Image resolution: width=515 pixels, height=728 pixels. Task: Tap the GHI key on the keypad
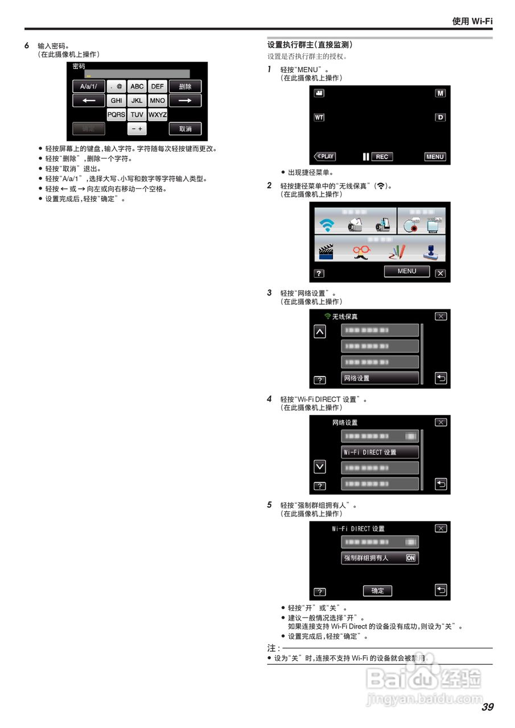[x=117, y=101]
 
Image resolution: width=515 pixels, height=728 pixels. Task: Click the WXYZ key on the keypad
[x=158, y=115]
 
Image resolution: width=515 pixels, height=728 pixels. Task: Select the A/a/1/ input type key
[x=88, y=86]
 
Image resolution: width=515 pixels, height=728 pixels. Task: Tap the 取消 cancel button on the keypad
[x=185, y=129]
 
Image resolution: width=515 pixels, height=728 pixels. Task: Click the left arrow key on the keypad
[x=88, y=101]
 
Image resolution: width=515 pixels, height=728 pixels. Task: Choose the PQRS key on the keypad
[x=117, y=115]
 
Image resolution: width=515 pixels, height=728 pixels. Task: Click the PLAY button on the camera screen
[x=325, y=156]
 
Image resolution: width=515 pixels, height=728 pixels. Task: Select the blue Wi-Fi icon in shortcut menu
[x=327, y=225]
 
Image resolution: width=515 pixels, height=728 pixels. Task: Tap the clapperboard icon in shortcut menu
[x=326, y=251]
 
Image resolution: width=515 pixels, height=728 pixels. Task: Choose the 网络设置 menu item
[x=380, y=378]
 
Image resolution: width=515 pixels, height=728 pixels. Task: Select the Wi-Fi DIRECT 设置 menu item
[x=380, y=453]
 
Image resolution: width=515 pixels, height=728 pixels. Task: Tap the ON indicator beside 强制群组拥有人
[x=411, y=559]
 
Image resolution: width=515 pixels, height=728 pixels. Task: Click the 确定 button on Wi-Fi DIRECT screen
[x=377, y=591]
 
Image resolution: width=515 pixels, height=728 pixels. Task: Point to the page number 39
[x=487, y=707]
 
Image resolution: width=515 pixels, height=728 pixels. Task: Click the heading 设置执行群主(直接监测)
[x=310, y=44]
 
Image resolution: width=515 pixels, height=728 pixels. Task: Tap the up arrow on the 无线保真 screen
[x=320, y=332]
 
